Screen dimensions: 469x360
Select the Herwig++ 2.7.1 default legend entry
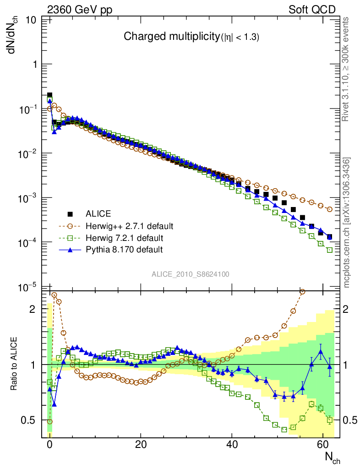(130, 226)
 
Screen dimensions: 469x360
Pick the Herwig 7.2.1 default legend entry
(125, 238)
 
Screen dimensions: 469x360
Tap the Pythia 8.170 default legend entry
(124, 250)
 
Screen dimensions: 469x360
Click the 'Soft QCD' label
(312, 10)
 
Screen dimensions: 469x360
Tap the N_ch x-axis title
(332, 457)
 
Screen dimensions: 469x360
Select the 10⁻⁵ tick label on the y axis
(29, 288)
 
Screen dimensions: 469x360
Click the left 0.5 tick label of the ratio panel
(29, 420)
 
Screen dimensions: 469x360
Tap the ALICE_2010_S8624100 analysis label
(191, 274)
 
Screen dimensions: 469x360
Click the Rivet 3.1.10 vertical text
(346, 69)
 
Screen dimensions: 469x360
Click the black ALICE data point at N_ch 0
(49, 95)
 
